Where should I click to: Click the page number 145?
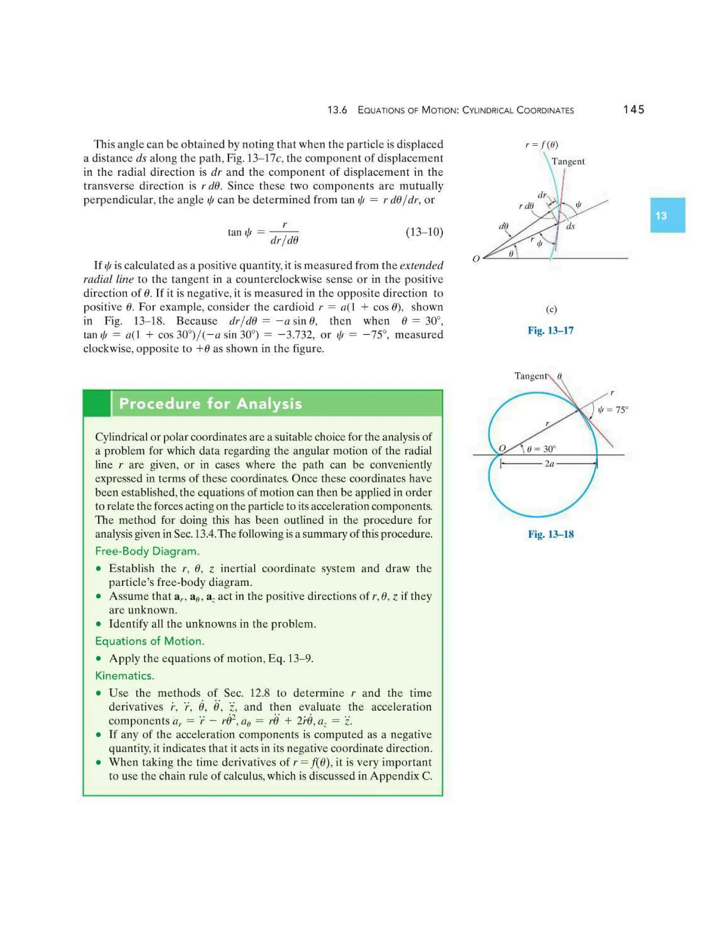[x=634, y=110]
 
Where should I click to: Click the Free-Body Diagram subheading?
[x=147, y=551]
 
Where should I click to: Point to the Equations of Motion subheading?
[x=150, y=641]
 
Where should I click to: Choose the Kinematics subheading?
[x=124, y=676]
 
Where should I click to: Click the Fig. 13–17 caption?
[x=550, y=330]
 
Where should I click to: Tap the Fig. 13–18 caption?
[x=550, y=534]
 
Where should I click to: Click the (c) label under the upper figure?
[x=551, y=309]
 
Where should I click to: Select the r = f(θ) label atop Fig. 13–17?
[x=541, y=145]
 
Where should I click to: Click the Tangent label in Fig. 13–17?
[x=568, y=161]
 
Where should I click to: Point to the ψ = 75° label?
[x=612, y=410]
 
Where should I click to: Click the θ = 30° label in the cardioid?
[x=541, y=449]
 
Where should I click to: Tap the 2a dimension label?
[x=549, y=464]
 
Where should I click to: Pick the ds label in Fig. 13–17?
[x=570, y=227]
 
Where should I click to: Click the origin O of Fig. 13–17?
[x=476, y=258]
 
